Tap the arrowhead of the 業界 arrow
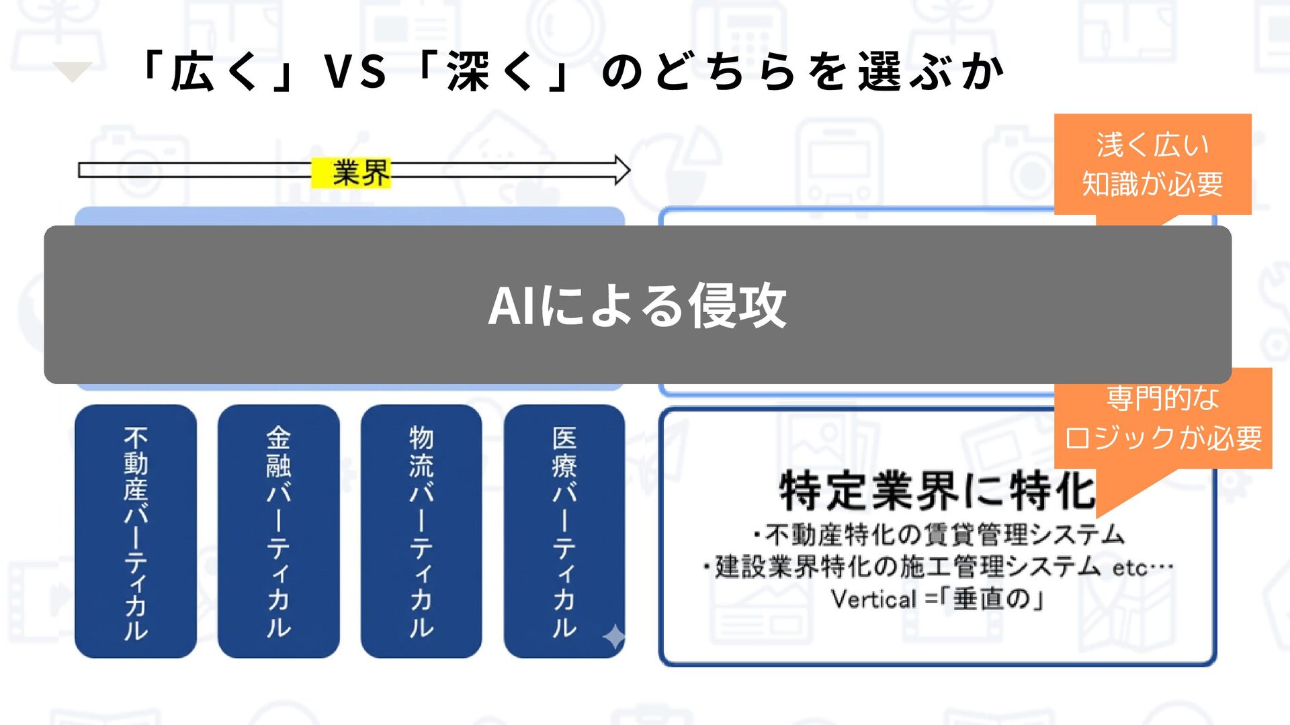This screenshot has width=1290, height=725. point(621,170)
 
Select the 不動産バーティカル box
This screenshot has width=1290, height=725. point(136,531)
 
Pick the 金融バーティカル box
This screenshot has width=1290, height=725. point(278,531)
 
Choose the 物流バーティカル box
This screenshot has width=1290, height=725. point(421,531)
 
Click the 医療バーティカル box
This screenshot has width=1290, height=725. point(564,531)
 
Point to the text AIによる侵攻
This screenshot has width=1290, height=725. point(637,305)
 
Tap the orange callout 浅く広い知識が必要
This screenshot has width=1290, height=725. point(1152,164)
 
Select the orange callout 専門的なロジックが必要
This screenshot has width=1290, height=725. point(1163,418)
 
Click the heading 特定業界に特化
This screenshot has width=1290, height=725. point(937,491)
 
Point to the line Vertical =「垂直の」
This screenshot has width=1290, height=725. point(937,599)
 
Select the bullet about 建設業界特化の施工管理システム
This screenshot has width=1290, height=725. point(907,567)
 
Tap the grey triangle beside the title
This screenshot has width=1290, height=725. point(73,70)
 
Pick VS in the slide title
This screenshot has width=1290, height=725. point(355,72)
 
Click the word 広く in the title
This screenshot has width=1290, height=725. point(214,72)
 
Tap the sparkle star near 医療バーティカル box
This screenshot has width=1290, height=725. point(614,636)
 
